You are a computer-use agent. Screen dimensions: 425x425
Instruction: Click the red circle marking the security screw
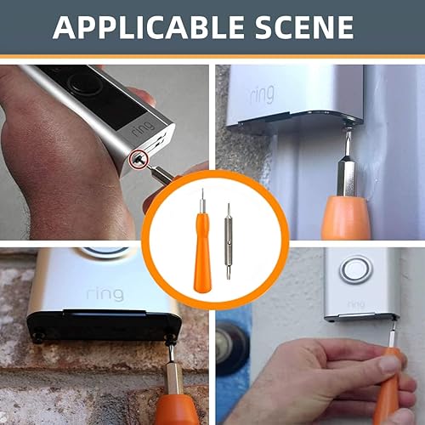click(x=137, y=157)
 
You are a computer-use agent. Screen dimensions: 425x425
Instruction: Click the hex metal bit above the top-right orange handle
click(x=347, y=174)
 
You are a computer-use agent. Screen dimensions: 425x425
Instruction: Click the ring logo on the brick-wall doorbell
click(x=104, y=294)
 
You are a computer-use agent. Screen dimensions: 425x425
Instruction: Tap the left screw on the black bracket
click(x=37, y=337)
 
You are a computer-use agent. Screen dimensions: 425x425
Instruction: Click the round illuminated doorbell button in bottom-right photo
click(x=355, y=269)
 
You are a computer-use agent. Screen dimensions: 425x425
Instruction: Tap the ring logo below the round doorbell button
click(x=355, y=303)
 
